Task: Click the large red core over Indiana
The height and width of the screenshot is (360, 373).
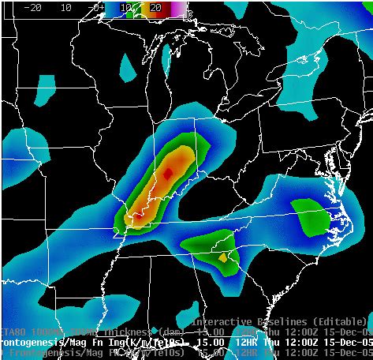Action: click(x=167, y=172)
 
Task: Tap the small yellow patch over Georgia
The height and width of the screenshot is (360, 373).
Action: click(x=223, y=257)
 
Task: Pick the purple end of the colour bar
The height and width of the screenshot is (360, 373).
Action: click(x=180, y=8)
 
